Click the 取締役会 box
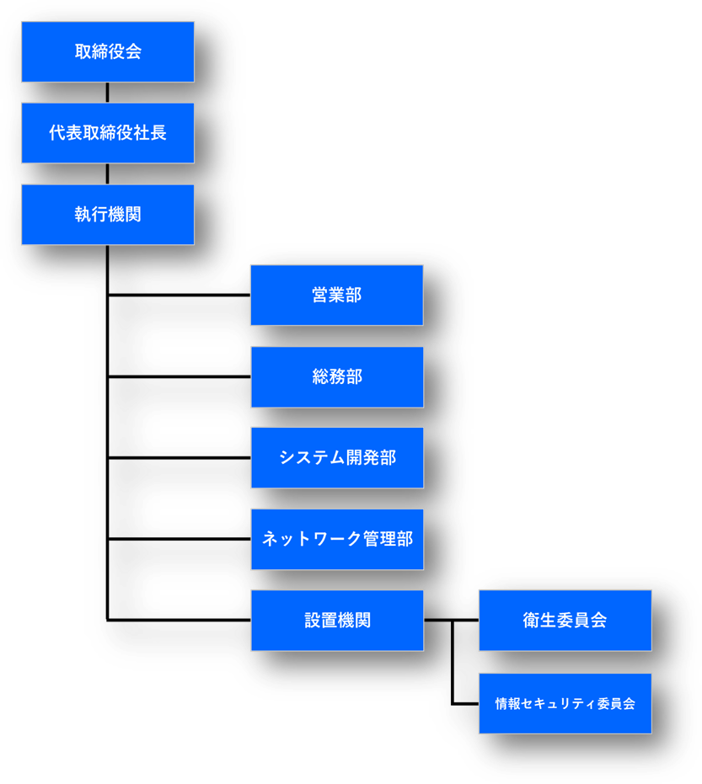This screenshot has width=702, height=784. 108,51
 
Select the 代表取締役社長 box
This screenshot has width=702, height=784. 108,133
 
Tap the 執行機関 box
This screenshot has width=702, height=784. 108,215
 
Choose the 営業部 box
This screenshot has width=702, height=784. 337,295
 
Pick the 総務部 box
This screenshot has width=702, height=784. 337,377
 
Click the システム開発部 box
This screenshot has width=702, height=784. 337,457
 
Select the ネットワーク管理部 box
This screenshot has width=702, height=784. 337,539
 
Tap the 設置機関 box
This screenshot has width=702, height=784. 337,621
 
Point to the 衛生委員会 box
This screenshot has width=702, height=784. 565,621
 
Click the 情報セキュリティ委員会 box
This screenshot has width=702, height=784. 565,703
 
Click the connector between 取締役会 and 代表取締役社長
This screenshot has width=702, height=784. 108,93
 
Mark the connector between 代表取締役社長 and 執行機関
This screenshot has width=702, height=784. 108,174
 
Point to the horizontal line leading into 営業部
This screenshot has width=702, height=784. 180,295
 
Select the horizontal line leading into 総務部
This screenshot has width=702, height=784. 180,376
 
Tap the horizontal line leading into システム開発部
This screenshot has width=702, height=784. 180,457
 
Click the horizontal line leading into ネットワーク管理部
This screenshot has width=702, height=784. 180,539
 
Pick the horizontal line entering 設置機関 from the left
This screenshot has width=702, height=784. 180,620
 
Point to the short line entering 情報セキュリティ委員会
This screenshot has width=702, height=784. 465,703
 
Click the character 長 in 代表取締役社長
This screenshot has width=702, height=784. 158,133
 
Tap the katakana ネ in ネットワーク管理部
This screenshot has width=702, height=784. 271,539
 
